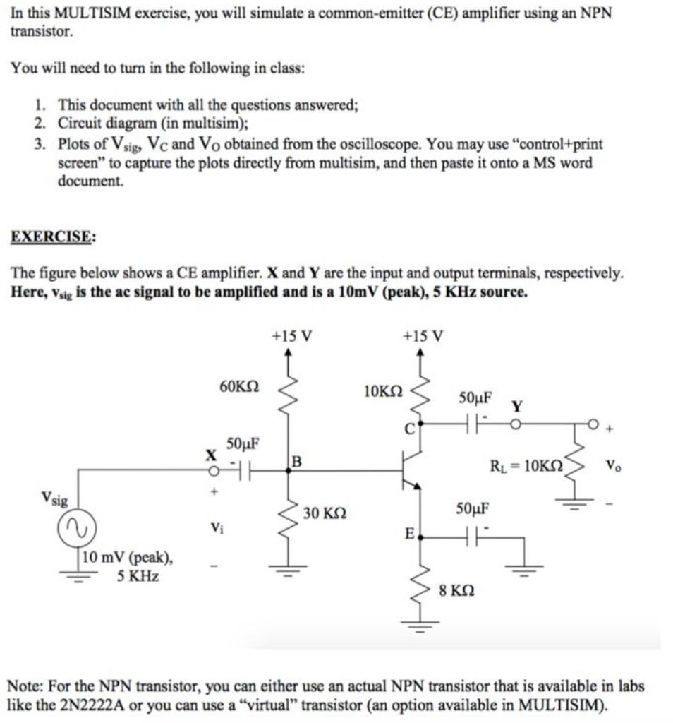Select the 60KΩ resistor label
click(x=239, y=386)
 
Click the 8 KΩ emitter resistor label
click(x=456, y=590)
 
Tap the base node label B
click(x=296, y=462)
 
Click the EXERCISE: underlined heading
click(x=53, y=237)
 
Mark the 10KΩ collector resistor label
click(x=383, y=390)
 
